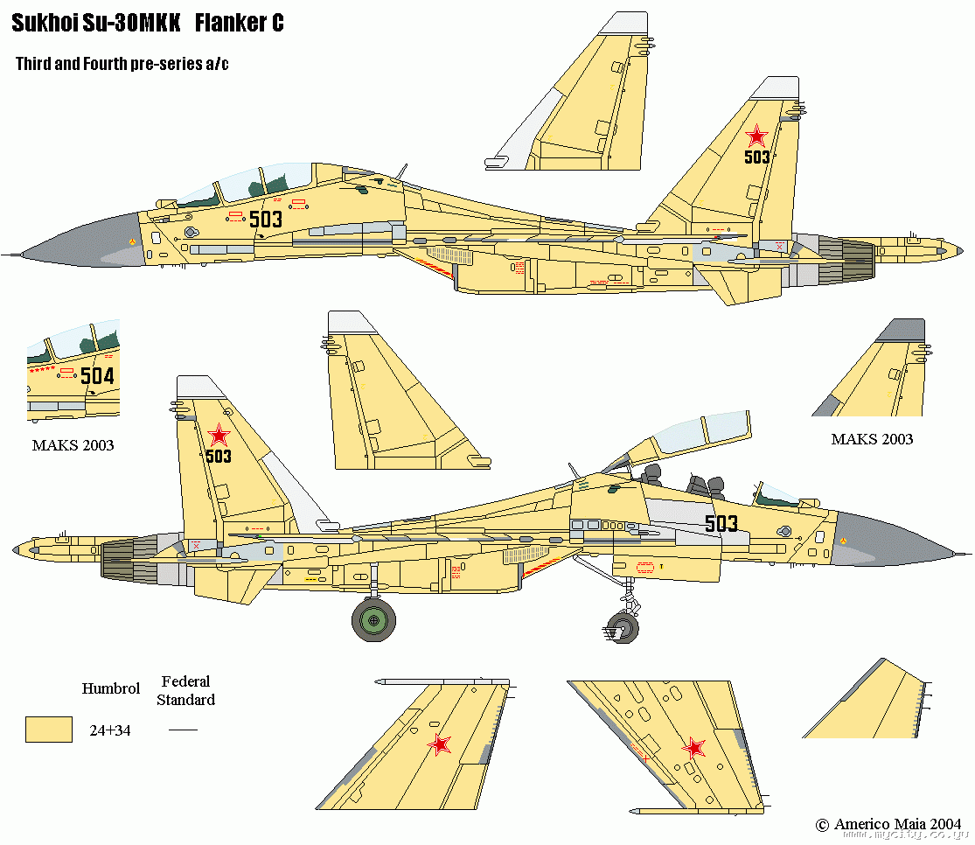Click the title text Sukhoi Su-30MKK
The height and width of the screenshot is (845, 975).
pos(96,24)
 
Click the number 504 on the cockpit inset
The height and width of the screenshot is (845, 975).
pos(96,376)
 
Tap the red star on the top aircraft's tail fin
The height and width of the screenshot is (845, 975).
pos(756,136)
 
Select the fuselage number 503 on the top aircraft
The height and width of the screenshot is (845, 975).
pos(266,219)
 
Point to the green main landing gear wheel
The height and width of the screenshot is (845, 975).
pos(373,621)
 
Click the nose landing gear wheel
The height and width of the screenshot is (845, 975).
pos(622,626)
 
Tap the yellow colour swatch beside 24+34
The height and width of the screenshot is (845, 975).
pos(49,729)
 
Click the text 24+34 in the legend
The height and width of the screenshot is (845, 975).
pos(110,730)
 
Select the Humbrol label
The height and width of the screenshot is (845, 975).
pos(111,688)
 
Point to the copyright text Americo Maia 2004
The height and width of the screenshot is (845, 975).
pos(888,824)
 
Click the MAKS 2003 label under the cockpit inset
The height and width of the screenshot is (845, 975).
pos(73,445)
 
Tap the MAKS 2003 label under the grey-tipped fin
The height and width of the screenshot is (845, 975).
pos(872,439)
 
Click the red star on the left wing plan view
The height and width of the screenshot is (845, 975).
pos(440,744)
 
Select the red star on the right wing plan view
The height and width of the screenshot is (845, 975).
pos(694,748)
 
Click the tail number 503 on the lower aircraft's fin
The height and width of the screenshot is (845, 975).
pos(219,456)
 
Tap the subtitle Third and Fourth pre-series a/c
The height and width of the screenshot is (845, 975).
pos(122,65)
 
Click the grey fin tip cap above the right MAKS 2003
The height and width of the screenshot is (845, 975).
pos(901,331)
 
